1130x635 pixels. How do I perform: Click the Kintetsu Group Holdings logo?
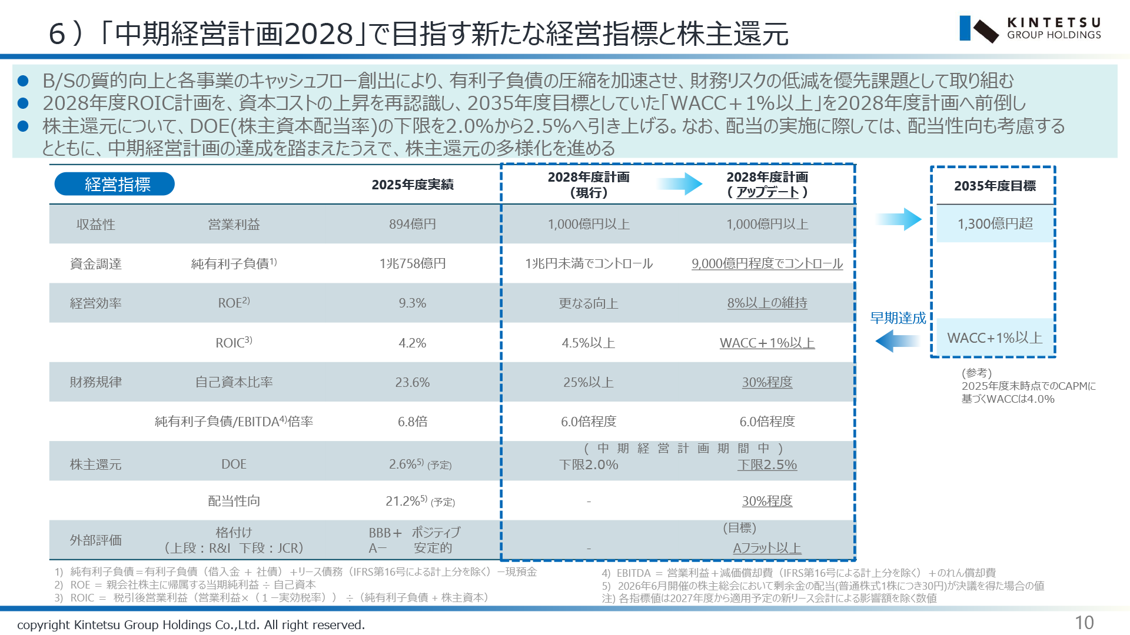[1030, 29]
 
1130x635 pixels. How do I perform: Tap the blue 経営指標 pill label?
[115, 184]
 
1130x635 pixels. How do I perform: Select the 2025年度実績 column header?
[413, 185]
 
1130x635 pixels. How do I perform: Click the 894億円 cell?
[413, 224]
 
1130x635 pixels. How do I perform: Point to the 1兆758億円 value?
[413, 263]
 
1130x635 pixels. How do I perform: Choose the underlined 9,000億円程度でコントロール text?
[767, 263]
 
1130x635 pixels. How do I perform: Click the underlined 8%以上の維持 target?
[767, 303]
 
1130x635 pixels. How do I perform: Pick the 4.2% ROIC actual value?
[413, 343]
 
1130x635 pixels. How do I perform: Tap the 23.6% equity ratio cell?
[413, 382]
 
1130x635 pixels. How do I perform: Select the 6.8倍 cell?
[413, 422]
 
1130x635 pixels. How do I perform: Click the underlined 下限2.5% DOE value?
[767, 464]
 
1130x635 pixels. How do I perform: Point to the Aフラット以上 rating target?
[767, 548]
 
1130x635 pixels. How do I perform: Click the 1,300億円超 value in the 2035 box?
[995, 223]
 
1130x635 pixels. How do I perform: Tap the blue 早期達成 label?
[898, 318]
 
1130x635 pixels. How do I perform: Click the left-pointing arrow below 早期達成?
[898, 341]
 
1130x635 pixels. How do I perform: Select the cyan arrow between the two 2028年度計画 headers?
[680, 184]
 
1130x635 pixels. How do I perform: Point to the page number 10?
[1084, 623]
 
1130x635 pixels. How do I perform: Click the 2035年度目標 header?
[995, 186]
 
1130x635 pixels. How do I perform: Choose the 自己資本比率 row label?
[234, 382]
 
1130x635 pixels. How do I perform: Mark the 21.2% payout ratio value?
[403, 501]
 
